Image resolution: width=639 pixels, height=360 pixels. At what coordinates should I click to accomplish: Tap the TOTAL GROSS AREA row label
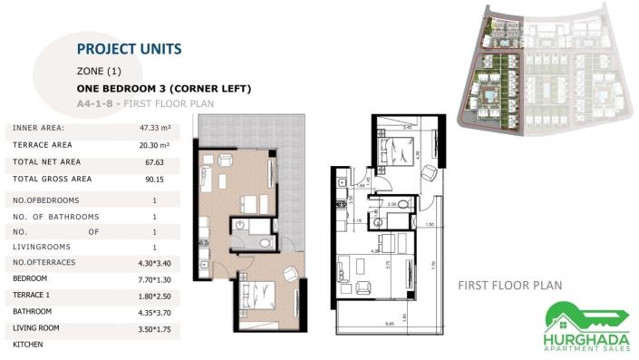coord(53,180)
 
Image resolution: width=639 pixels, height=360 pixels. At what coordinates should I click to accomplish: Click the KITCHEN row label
coord(28,345)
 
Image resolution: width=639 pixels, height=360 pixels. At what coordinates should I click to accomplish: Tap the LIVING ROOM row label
coord(36,329)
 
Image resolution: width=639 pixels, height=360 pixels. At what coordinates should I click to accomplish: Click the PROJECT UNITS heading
coord(129,48)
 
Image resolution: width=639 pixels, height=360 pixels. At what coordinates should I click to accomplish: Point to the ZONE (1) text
coord(99,71)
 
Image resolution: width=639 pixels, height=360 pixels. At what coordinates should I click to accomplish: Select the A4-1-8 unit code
coord(96,104)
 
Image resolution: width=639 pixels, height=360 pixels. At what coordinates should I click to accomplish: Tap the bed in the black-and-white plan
coord(391,150)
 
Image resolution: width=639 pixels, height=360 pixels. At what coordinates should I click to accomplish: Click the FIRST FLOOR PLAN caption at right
coord(509,285)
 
